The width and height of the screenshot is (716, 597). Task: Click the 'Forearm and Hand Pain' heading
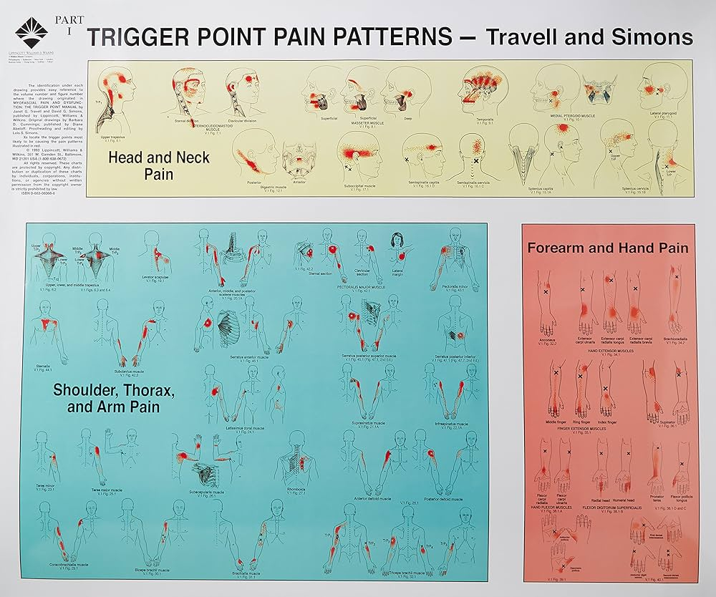tap(608, 248)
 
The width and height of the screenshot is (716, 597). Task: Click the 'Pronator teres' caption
tap(656, 495)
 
